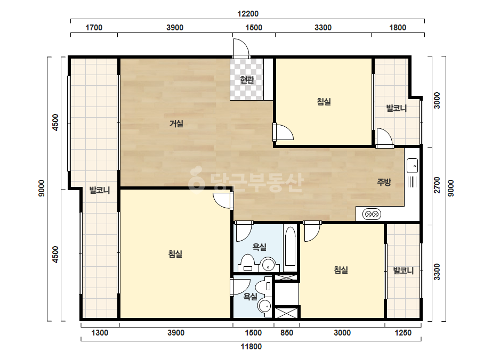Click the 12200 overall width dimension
point(248,14)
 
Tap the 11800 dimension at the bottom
point(251,347)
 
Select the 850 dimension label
point(287,333)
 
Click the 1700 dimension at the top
point(94,28)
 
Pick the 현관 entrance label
point(247,80)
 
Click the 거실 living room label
point(176,124)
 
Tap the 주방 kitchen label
point(384,182)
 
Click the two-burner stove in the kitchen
point(372,215)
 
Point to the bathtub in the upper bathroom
point(290,247)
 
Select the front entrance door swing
point(240,48)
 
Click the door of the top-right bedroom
point(284,132)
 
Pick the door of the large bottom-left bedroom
point(223,201)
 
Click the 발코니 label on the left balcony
point(100,190)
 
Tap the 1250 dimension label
point(403,333)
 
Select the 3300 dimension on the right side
point(437,272)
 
